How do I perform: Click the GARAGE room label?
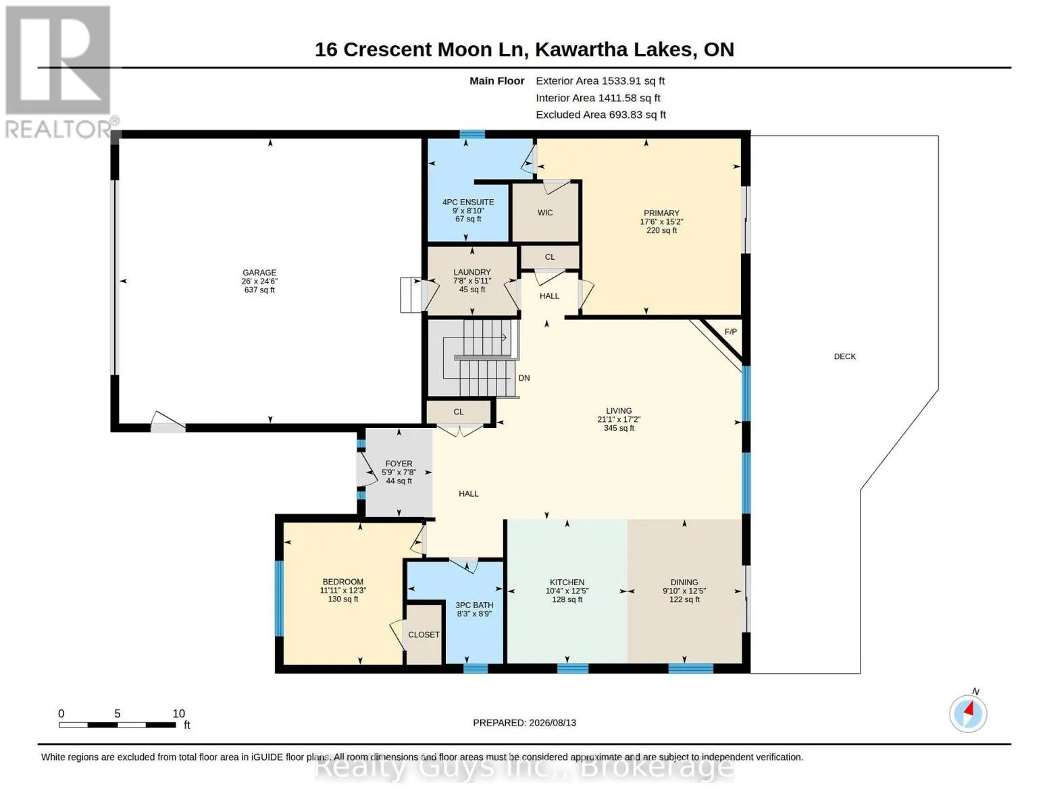259,273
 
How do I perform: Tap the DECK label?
845,356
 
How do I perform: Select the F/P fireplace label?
730,332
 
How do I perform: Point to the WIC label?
545,213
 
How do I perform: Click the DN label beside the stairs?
523,378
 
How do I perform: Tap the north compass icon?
968,713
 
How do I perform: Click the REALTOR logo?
60,72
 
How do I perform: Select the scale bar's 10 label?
178,713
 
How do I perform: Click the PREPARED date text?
524,723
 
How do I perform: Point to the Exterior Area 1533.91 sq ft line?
600,81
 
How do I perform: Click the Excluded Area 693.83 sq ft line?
600,115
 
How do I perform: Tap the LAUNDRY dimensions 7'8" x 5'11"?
472,281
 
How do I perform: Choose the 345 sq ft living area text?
619,428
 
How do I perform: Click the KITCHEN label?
567,583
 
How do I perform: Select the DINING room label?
684,583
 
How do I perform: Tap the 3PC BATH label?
474,605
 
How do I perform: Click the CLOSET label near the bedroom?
424,635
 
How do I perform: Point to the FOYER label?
399,464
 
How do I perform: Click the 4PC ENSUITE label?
468,202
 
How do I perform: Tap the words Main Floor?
496,81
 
